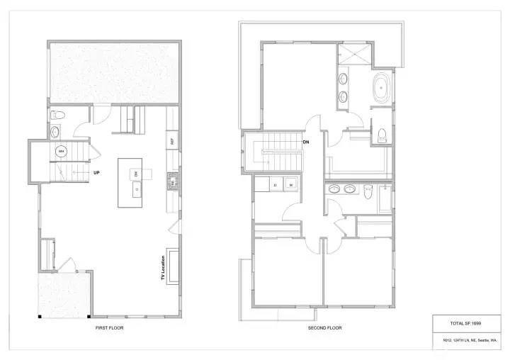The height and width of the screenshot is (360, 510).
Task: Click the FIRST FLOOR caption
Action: pos(114,328)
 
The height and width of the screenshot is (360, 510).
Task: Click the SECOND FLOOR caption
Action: pos(325,328)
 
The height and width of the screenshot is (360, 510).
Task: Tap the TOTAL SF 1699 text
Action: pos(465,323)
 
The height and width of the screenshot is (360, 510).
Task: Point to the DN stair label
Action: pos(306,142)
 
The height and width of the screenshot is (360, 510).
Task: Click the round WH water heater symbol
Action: pos(61,151)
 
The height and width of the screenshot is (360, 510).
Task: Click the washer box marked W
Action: pos(290,186)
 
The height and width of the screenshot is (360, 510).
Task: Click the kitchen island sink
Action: pos(136,190)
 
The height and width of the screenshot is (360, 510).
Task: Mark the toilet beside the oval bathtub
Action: pos(381,133)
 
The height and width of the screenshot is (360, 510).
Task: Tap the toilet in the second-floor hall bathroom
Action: pos(368,191)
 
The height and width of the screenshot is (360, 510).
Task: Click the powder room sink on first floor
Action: pos(56,131)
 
